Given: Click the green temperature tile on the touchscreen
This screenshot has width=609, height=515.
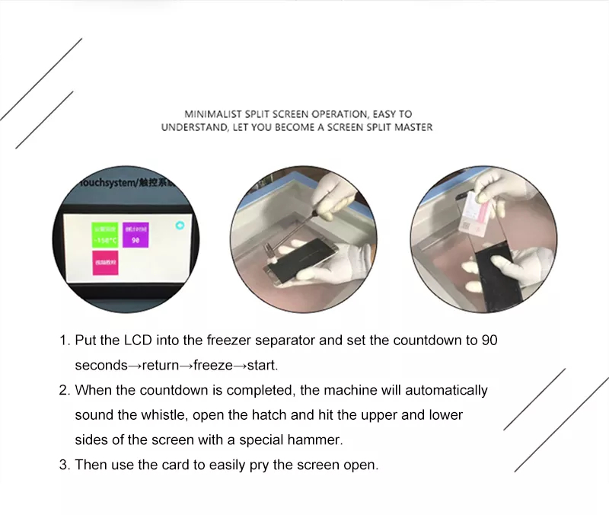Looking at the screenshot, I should tap(104, 235).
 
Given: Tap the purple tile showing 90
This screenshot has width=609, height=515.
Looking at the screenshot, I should tap(136, 235).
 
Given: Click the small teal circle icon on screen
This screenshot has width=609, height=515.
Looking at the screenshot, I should tap(179, 225).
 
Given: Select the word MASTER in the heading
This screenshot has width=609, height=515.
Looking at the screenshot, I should tap(411, 127).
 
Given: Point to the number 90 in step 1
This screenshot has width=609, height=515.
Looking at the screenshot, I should tap(489, 340).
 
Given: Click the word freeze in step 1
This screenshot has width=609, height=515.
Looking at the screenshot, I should tap(212, 365).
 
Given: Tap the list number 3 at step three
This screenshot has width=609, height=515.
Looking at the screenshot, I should tap(64, 465).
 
